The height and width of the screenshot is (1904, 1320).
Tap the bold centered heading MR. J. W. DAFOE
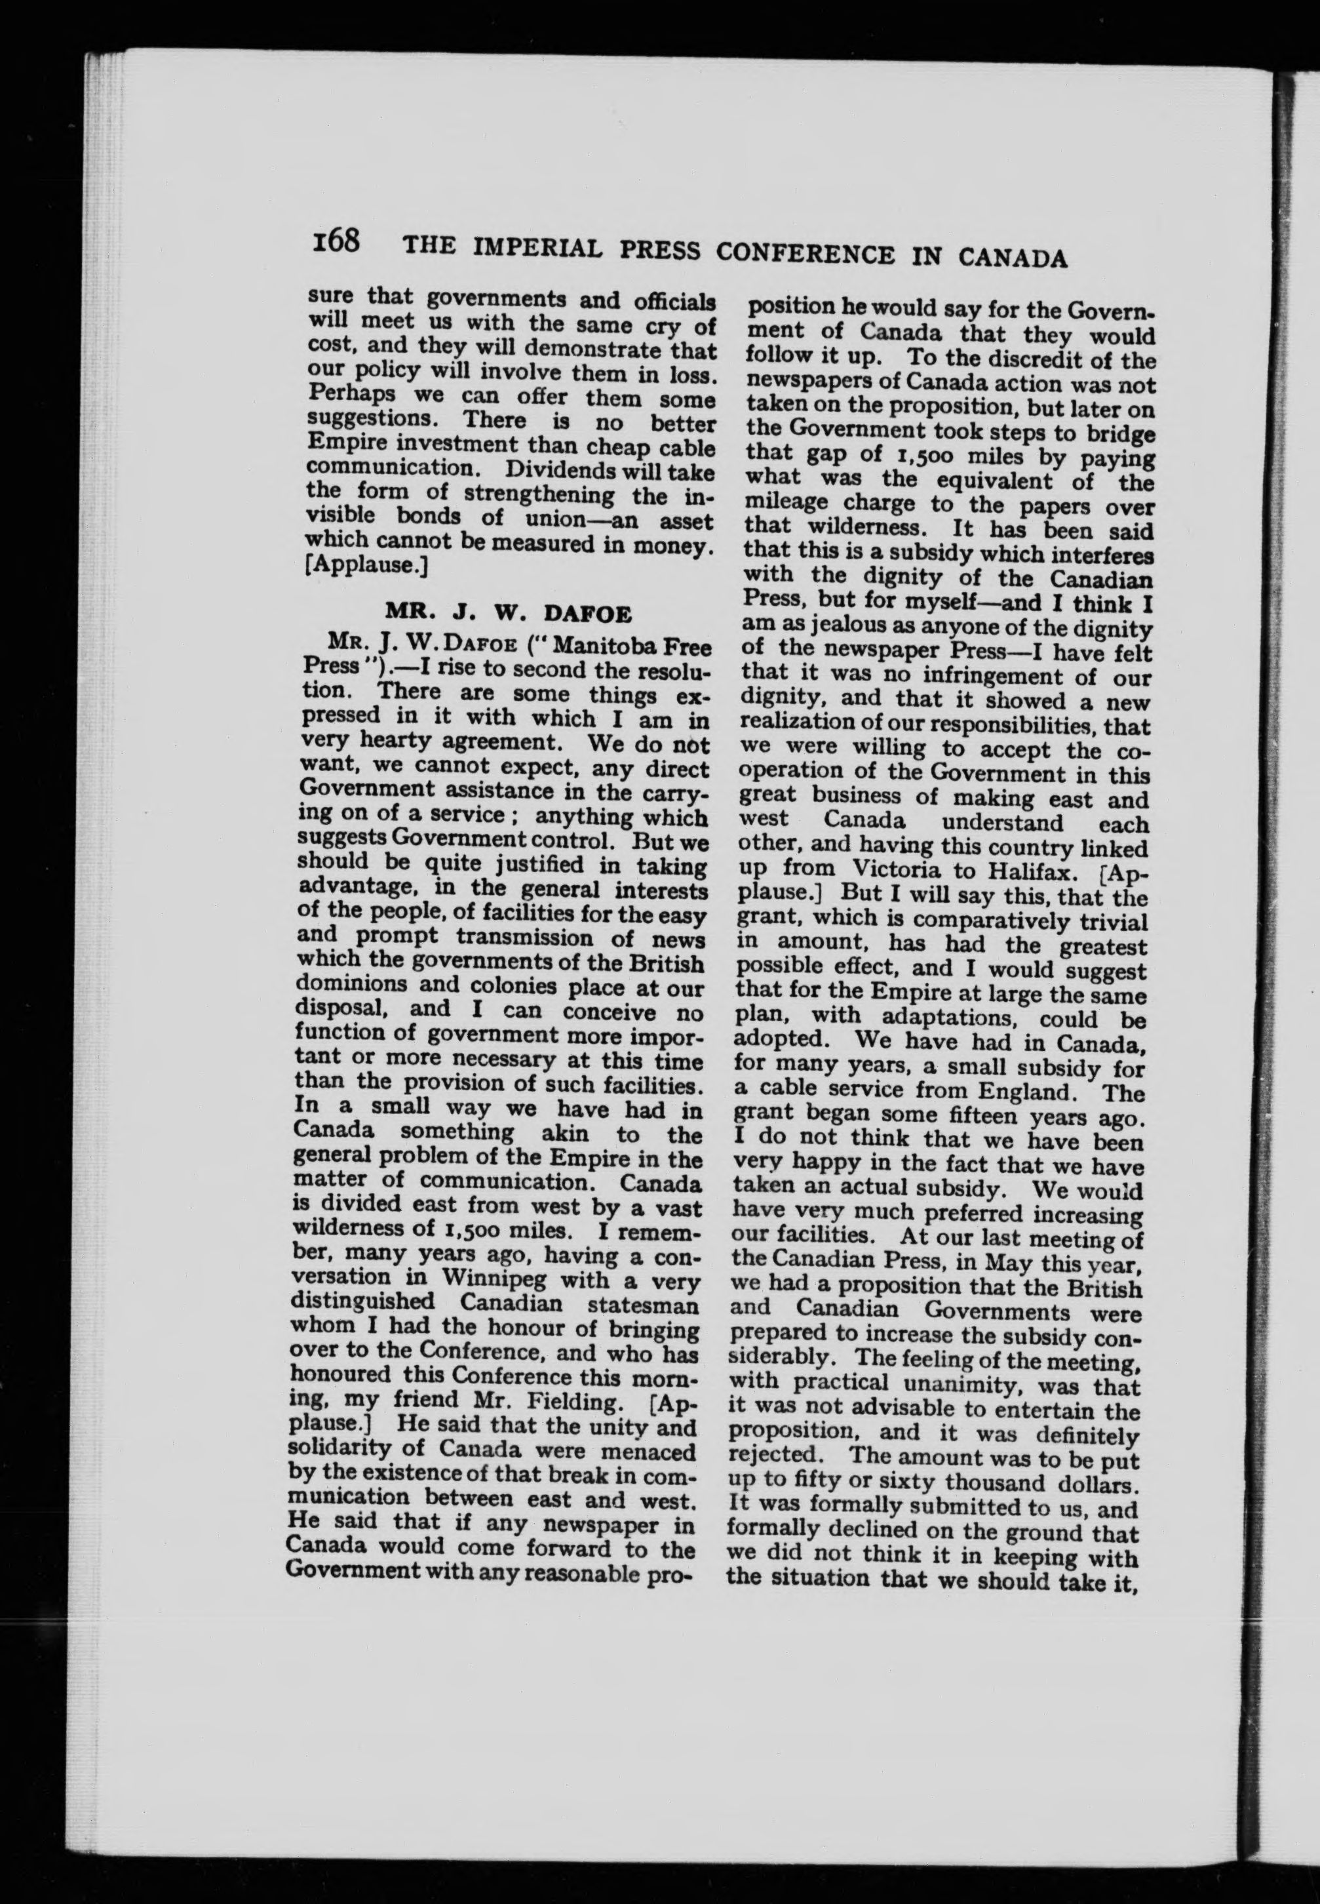tap(509, 614)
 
